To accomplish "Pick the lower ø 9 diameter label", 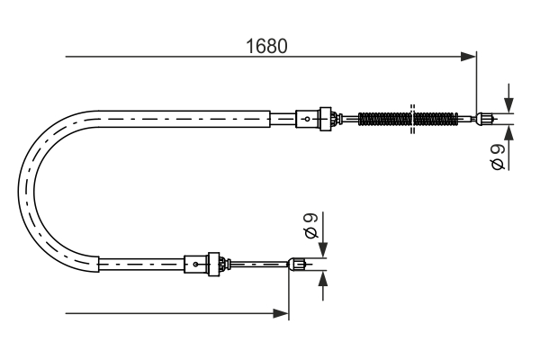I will pyautogui.click(x=311, y=225).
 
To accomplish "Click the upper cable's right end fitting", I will pyautogui.click(x=486, y=117).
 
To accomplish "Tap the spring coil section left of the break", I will pyautogui.click(x=382, y=118).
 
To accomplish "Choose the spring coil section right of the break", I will pyautogui.click(x=436, y=118).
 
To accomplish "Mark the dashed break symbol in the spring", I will pyautogui.click(x=410, y=118).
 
